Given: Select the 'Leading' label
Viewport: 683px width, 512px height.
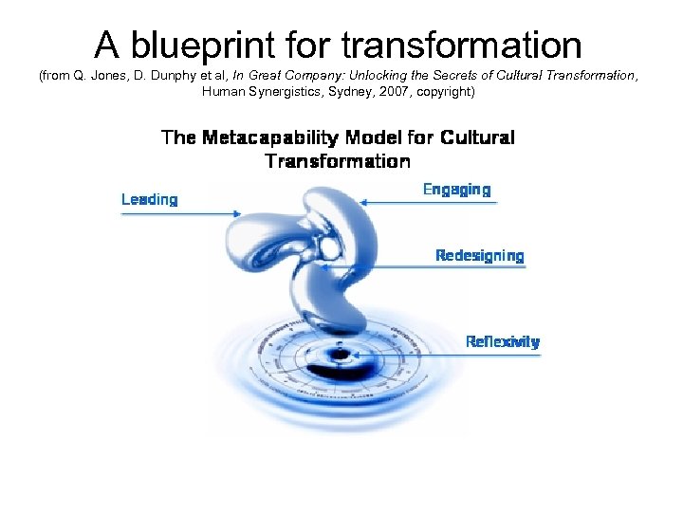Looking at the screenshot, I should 149,199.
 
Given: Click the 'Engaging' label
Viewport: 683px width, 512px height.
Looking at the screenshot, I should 456,190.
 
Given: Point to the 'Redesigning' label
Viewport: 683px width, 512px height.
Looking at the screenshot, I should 479,255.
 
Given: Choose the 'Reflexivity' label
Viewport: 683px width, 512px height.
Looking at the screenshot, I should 502,341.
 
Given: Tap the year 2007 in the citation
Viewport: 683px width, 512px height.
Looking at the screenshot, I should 398,92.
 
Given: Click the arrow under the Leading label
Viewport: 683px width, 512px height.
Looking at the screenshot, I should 180,213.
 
